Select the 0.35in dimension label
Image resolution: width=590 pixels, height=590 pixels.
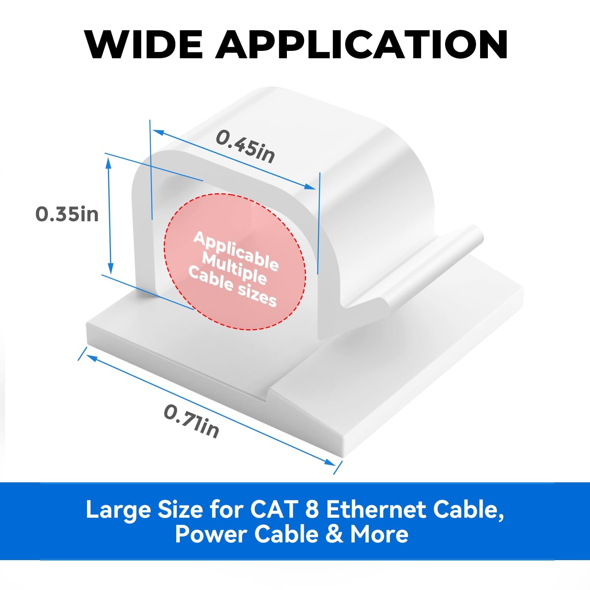(x=67, y=214)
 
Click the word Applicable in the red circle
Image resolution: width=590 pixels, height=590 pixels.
(x=236, y=251)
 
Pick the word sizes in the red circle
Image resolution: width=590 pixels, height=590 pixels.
(x=257, y=295)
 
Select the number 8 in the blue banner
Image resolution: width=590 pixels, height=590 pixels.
(x=312, y=510)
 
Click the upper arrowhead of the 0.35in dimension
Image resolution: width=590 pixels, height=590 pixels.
(x=108, y=160)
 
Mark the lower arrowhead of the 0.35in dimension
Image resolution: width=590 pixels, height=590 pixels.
(x=110, y=269)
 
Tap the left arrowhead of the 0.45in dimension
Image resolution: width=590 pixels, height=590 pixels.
(x=157, y=131)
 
